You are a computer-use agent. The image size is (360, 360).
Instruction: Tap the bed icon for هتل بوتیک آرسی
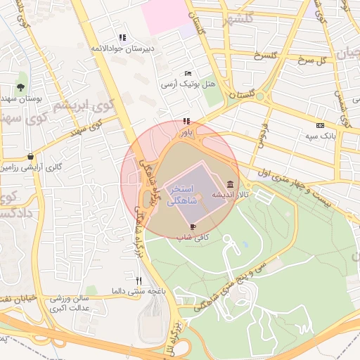[x=187, y=73]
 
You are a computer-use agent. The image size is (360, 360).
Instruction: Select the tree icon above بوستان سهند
[x=22, y=87]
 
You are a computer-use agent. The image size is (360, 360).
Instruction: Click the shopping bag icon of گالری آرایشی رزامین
[x=30, y=156]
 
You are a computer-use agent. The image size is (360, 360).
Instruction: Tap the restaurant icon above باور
[x=186, y=121]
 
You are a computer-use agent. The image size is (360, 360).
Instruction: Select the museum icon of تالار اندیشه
[x=230, y=184]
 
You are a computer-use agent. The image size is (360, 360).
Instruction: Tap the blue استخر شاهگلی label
[x=184, y=195]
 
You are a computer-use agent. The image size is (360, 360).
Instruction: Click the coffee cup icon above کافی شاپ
[x=193, y=226]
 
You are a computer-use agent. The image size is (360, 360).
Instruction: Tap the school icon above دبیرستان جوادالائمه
[x=122, y=38]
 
